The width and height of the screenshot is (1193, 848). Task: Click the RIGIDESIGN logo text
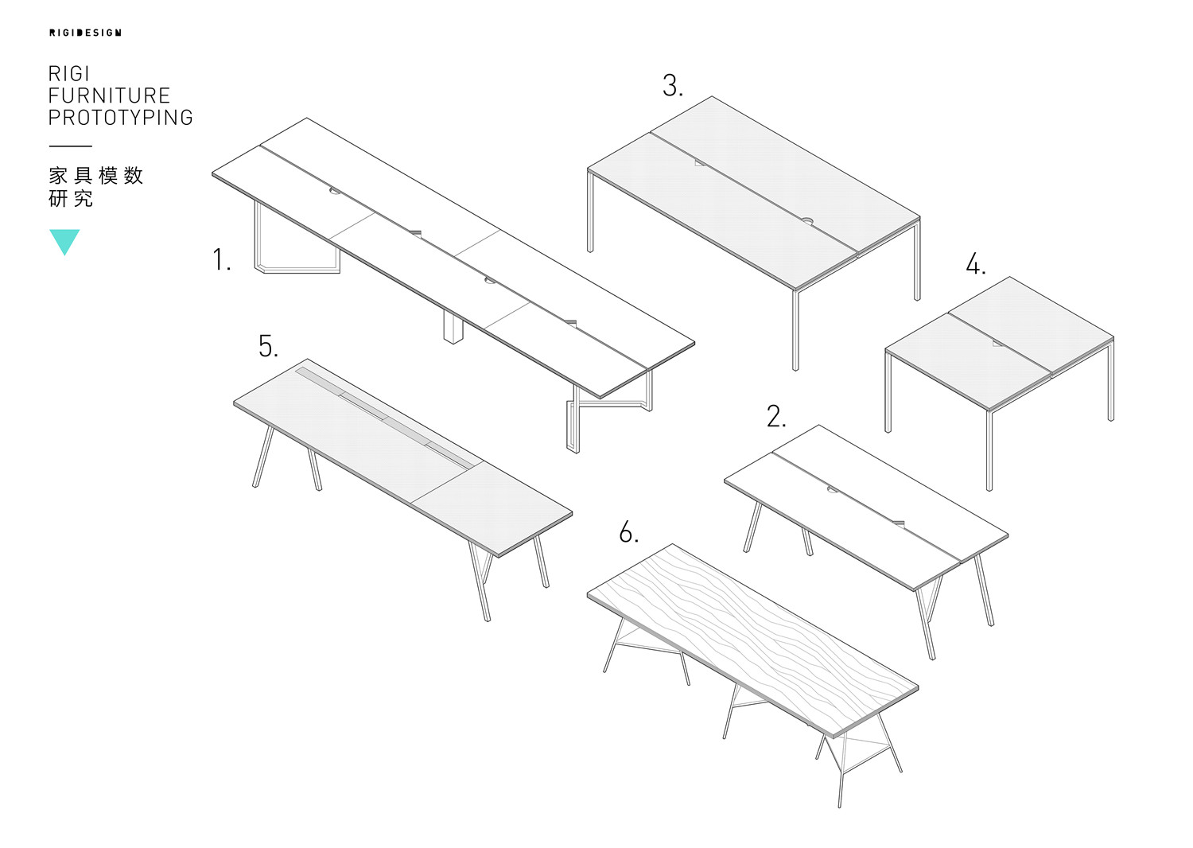click(x=85, y=33)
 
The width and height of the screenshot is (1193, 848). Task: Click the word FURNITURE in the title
click(x=109, y=96)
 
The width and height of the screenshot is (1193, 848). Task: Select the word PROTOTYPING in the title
click(x=120, y=118)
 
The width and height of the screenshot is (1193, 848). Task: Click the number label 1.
click(x=222, y=260)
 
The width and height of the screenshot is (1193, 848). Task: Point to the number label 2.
click(x=776, y=417)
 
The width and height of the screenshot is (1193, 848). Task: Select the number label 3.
click(x=673, y=85)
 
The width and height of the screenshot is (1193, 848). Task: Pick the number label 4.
click(x=976, y=264)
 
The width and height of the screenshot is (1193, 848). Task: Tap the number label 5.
click(x=268, y=346)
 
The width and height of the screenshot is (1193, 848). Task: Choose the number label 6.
click(x=628, y=532)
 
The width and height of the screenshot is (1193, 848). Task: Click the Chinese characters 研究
click(x=71, y=199)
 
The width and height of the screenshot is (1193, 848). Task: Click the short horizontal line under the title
click(x=70, y=146)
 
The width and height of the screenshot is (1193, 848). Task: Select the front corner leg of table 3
click(x=795, y=330)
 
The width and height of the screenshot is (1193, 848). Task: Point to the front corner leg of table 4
click(x=989, y=450)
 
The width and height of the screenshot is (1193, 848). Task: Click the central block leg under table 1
click(x=453, y=326)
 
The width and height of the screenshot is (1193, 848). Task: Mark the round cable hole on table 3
click(x=807, y=220)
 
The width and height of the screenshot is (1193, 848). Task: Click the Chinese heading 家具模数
click(x=96, y=175)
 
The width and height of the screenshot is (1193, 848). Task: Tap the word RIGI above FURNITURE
click(x=68, y=73)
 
